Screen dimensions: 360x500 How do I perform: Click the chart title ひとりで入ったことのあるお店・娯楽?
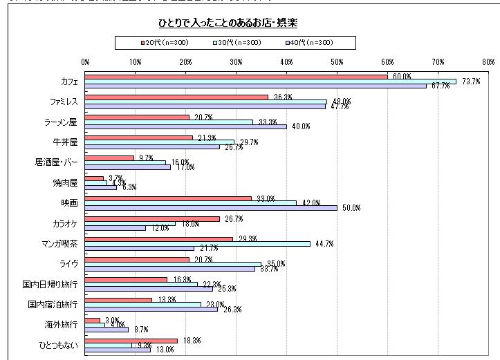(237, 23)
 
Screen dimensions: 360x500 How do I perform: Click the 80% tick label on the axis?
(488, 61)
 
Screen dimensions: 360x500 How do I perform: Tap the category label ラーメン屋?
(61, 122)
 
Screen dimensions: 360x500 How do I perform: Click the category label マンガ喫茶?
(59, 244)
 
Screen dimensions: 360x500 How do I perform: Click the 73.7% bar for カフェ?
(270, 81)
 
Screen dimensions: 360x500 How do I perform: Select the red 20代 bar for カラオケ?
(152, 218)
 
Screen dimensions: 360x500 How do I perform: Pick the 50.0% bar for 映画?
(211, 207)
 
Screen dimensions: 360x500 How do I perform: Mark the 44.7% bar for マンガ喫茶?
(198, 243)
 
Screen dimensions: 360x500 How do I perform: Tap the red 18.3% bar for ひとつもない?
(131, 340)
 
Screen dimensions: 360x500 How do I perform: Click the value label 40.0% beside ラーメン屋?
(301, 126)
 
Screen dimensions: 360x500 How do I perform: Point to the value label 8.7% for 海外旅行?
(140, 330)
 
